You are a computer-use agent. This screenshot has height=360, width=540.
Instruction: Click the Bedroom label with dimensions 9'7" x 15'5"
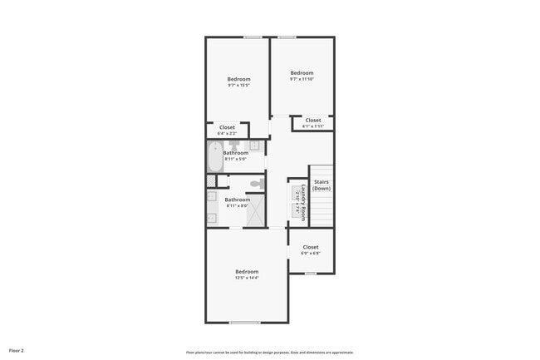[238, 81]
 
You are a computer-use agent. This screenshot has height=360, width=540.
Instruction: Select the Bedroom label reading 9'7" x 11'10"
[302, 76]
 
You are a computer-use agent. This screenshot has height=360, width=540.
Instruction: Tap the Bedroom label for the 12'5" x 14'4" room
[247, 274]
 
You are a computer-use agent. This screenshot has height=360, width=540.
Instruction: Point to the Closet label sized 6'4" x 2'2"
[227, 130]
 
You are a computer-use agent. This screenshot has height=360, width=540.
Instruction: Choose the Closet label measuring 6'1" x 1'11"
[313, 123]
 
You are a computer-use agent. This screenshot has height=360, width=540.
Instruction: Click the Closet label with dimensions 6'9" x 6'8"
[311, 249]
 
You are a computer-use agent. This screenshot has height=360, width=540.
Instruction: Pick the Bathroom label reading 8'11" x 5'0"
[236, 155]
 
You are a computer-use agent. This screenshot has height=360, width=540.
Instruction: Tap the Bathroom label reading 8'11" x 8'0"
[238, 202]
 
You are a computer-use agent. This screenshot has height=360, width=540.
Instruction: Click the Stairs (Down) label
[322, 185]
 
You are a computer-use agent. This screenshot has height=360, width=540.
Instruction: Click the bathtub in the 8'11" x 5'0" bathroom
[215, 157]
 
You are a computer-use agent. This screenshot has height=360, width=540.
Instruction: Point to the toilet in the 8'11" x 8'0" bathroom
[258, 183]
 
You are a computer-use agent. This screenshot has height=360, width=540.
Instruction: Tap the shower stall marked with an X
[256, 211]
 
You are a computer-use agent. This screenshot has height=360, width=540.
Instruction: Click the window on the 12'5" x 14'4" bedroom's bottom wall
[244, 322]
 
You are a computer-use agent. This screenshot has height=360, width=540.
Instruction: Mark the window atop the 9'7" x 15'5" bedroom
[253, 37]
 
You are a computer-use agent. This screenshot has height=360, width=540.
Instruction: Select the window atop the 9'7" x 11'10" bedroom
[287, 37]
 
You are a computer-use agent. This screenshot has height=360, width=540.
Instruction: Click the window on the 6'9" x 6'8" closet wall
[310, 273]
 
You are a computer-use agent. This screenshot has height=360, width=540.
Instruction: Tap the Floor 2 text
[17, 351]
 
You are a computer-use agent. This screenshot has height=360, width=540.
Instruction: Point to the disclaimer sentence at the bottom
[270, 352]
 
